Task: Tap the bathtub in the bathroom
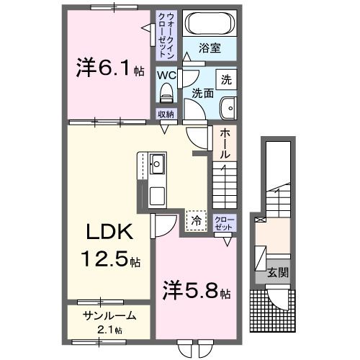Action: pyautogui.click(x=210, y=24)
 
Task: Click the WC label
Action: pyautogui.click(x=166, y=74)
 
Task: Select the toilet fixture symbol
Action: pyautogui.click(x=167, y=91)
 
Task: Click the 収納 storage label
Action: pyautogui.click(x=166, y=114)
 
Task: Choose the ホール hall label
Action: pyautogui.click(x=225, y=144)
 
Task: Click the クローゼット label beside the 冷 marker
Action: pyautogui.click(x=223, y=222)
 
